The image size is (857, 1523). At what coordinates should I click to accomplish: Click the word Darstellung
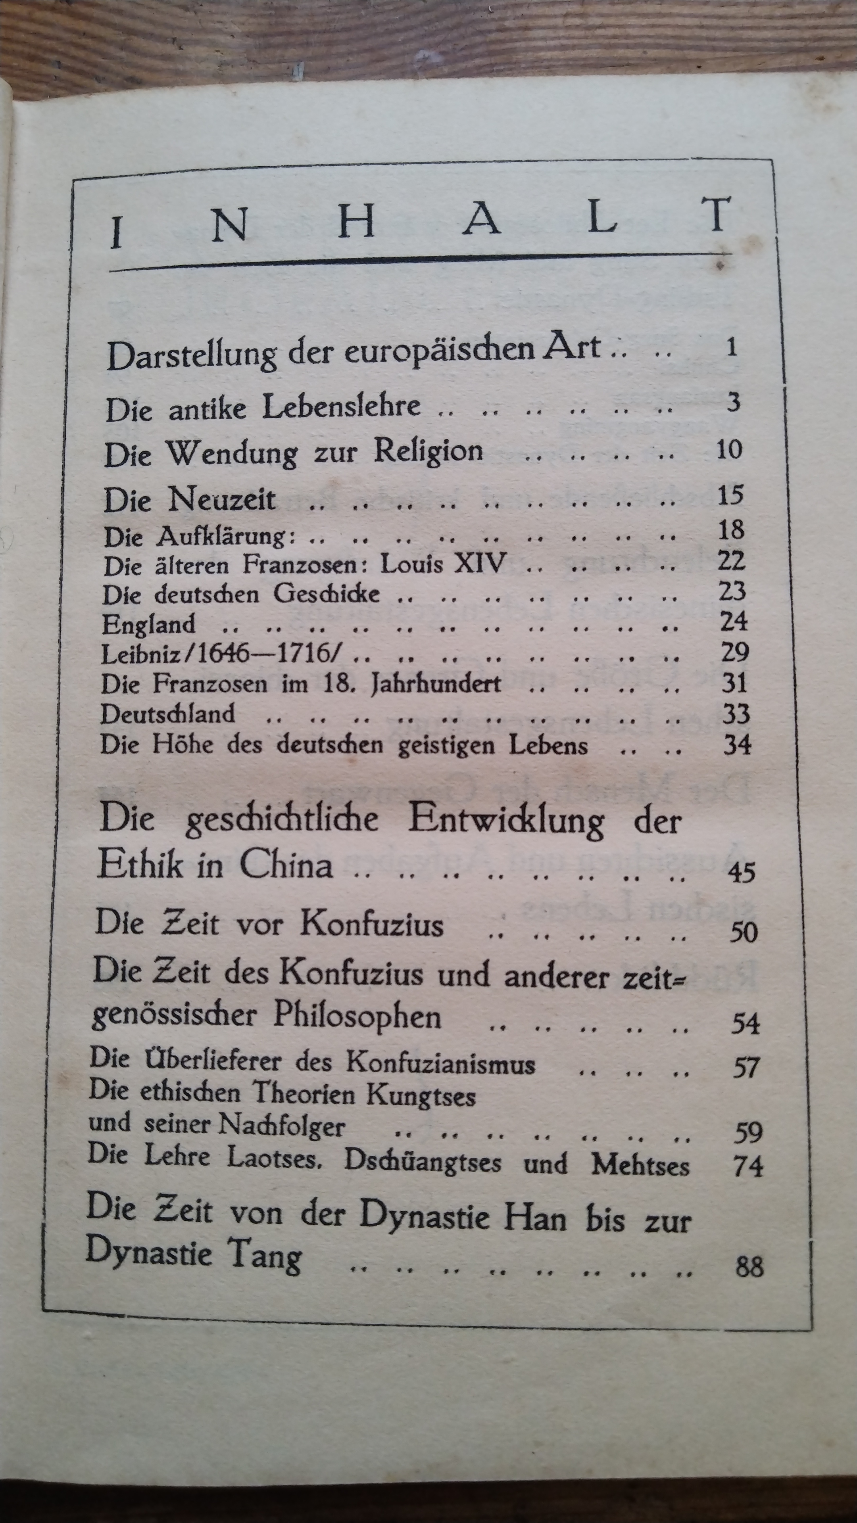(x=191, y=355)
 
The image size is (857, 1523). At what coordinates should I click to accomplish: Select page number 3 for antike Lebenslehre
(x=733, y=402)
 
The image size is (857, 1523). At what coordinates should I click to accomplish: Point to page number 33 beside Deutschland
(x=736, y=714)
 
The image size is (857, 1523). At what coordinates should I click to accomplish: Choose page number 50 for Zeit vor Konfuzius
(x=743, y=932)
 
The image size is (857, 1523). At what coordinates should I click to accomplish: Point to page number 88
(x=749, y=1267)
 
